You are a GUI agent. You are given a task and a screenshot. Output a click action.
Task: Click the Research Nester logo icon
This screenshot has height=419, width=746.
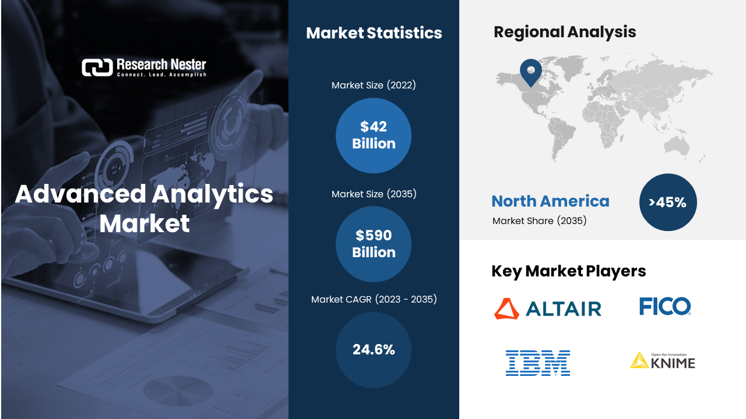[97, 68]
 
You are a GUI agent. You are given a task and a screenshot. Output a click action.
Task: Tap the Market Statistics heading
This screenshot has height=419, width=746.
[374, 33]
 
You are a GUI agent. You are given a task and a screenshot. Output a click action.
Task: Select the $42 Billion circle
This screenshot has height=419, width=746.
[374, 136]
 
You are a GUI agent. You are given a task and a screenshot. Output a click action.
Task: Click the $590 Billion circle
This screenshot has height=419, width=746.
[374, 244]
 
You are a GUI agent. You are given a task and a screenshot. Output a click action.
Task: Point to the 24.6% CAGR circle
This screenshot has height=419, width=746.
[374, 350]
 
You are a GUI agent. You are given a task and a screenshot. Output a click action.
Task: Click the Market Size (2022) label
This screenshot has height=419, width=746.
[374, 85]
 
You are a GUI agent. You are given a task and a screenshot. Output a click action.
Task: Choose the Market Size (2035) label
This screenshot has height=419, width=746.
[374, 194]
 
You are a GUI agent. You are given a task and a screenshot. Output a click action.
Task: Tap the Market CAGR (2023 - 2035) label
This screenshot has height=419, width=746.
[374, 299]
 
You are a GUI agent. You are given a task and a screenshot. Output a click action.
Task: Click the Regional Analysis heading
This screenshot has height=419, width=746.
[565, 32]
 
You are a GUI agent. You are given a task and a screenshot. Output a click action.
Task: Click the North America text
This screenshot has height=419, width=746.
[551, 201]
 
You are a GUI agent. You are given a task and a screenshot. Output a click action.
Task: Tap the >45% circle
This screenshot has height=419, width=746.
[668, 202]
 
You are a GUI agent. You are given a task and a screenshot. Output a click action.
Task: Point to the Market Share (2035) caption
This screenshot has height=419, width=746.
[540, 221]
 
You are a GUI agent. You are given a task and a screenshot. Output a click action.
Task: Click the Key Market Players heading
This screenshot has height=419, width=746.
[569, 271]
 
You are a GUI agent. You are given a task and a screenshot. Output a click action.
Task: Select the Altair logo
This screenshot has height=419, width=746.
[548, 308]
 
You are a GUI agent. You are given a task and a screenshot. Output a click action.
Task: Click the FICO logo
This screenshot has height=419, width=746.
[665, 306]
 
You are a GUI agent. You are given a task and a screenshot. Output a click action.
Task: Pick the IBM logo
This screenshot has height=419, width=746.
[538, 363]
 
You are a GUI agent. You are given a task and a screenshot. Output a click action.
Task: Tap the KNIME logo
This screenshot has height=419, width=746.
[663, 361]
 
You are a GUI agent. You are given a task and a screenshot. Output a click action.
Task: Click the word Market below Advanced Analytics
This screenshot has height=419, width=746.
[145, 223]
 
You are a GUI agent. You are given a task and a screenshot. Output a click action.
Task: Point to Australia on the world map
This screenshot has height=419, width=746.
[677, 146]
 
